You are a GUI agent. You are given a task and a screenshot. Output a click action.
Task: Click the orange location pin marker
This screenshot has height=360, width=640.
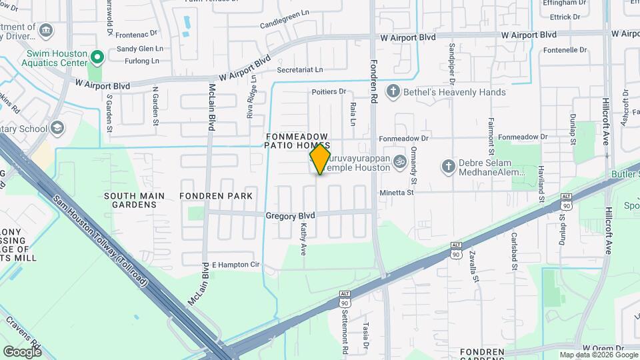(x=320, y=159)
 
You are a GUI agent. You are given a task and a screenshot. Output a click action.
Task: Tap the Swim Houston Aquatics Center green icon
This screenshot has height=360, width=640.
(x=97, y=57)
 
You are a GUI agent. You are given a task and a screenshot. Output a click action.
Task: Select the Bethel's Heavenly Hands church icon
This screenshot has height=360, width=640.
(x=393, y=92)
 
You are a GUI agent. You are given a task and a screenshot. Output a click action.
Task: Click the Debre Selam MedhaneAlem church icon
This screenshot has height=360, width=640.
(x=449, y=165)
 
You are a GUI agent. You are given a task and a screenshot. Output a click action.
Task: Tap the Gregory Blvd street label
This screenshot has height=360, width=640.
(x=290, y=216)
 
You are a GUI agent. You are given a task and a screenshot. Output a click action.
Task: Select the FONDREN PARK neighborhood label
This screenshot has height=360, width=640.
(x=216, y=196)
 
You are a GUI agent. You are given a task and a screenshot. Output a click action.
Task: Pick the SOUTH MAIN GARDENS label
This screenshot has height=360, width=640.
(x=130, y=200)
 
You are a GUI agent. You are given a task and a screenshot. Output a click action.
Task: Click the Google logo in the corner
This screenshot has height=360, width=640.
(x=22, y=351)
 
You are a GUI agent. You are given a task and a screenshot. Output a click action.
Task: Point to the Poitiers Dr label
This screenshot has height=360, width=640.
(x=329, y=92)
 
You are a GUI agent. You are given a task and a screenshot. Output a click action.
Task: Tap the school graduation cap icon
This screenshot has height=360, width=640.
(x=58, y=127)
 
